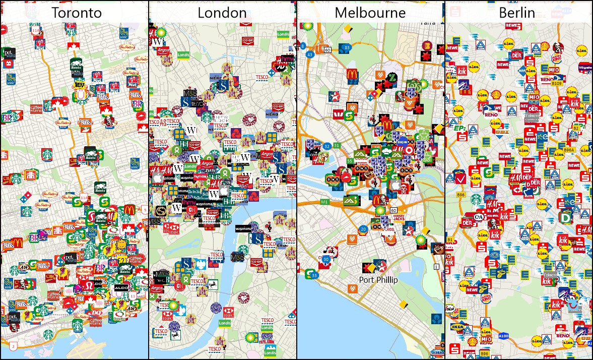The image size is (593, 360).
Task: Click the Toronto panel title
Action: pyautogui.click(x=77, y=13)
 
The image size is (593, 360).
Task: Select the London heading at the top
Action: pyautogui.click(x=222, y=13)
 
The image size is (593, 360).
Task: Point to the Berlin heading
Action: pyautogui.click(x=517, y=13)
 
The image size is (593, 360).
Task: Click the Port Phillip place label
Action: pyautogui.click(x=378, y=280)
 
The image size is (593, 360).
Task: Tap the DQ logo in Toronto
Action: pyautogui.click(x=96, y=313)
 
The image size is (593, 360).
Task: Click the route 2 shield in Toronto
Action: pyautogui.click(x=14, y=346)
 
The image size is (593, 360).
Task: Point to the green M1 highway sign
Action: pyautogui.click(x=324, y=202)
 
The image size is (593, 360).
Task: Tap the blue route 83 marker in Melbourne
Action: pyautogui.click(x=347, y=48)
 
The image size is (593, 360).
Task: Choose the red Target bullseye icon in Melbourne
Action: pyautogui.click(x=409, y=150)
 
